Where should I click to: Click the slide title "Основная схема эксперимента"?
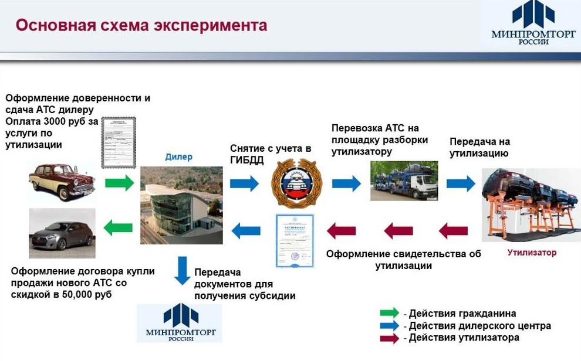[141, 26]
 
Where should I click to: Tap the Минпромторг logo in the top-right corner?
[533, 25]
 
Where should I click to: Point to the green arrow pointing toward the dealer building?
[120, 183]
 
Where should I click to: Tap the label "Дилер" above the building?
[178, 157]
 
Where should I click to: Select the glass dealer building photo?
[181, 205]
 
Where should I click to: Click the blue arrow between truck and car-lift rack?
[461, 183]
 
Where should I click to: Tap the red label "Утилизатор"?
[532, 253]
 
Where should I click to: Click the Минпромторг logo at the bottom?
[180, 323]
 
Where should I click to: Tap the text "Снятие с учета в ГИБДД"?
[270, 155]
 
